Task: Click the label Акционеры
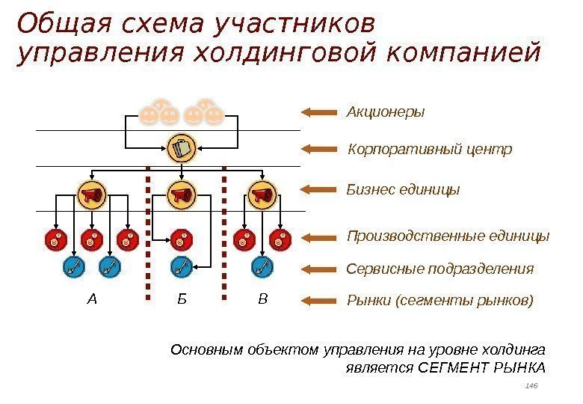[x=385, y=112]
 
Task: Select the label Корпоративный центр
[x=430, y=150]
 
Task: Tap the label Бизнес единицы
[x=403, y=190]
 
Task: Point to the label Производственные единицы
[x=448, y=236]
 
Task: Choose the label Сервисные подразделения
[x=440, y=269]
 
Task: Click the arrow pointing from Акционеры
[x=319, y=112]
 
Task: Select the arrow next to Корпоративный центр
[x=319, y=150]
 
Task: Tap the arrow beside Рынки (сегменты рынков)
[x=319, y=301]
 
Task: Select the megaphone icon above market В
[x=261, y=195]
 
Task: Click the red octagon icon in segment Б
[x=180, y=240]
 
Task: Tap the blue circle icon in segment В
[x=262, y=266]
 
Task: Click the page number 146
[x=531, y=385]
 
